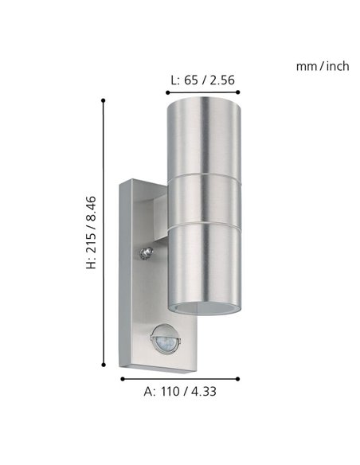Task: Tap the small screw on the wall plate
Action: tap(146, 254)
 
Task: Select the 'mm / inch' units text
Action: tap(322, 66)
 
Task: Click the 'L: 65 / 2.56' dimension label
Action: tap(202, 80)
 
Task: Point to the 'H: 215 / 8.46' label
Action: tap(92, 232)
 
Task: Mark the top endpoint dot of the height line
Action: tap(104, 100)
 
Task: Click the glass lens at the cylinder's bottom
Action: tap(202, 307)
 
